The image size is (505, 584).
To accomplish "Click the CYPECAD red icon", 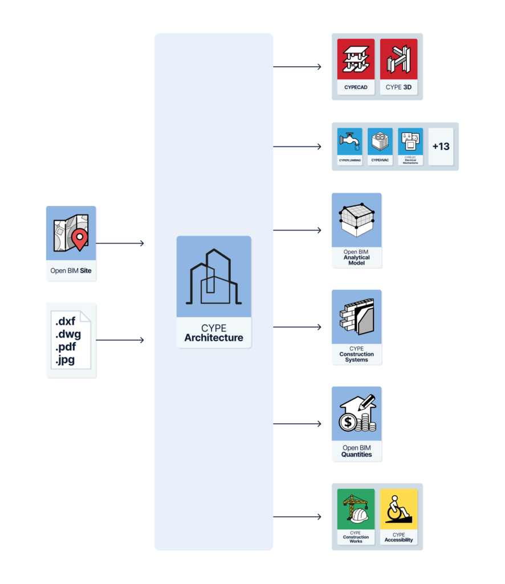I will (356, 59).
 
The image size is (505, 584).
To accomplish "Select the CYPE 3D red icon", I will (398, 59).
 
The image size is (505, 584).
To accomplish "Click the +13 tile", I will (441, 147).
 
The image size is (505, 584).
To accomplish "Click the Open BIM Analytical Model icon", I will (357, 220).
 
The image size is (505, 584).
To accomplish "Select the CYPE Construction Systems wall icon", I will (357, 317).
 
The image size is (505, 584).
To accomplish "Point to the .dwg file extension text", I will (68, 334).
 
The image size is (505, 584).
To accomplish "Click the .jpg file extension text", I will (65, 360).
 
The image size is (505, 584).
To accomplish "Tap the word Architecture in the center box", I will (214, 338).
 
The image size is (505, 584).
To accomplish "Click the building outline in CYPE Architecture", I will (214, 277).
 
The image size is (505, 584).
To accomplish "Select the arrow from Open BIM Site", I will (120, 244).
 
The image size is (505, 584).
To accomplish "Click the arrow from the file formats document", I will (120, 340).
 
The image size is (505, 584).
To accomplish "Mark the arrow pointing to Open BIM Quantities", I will (297, 424).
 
